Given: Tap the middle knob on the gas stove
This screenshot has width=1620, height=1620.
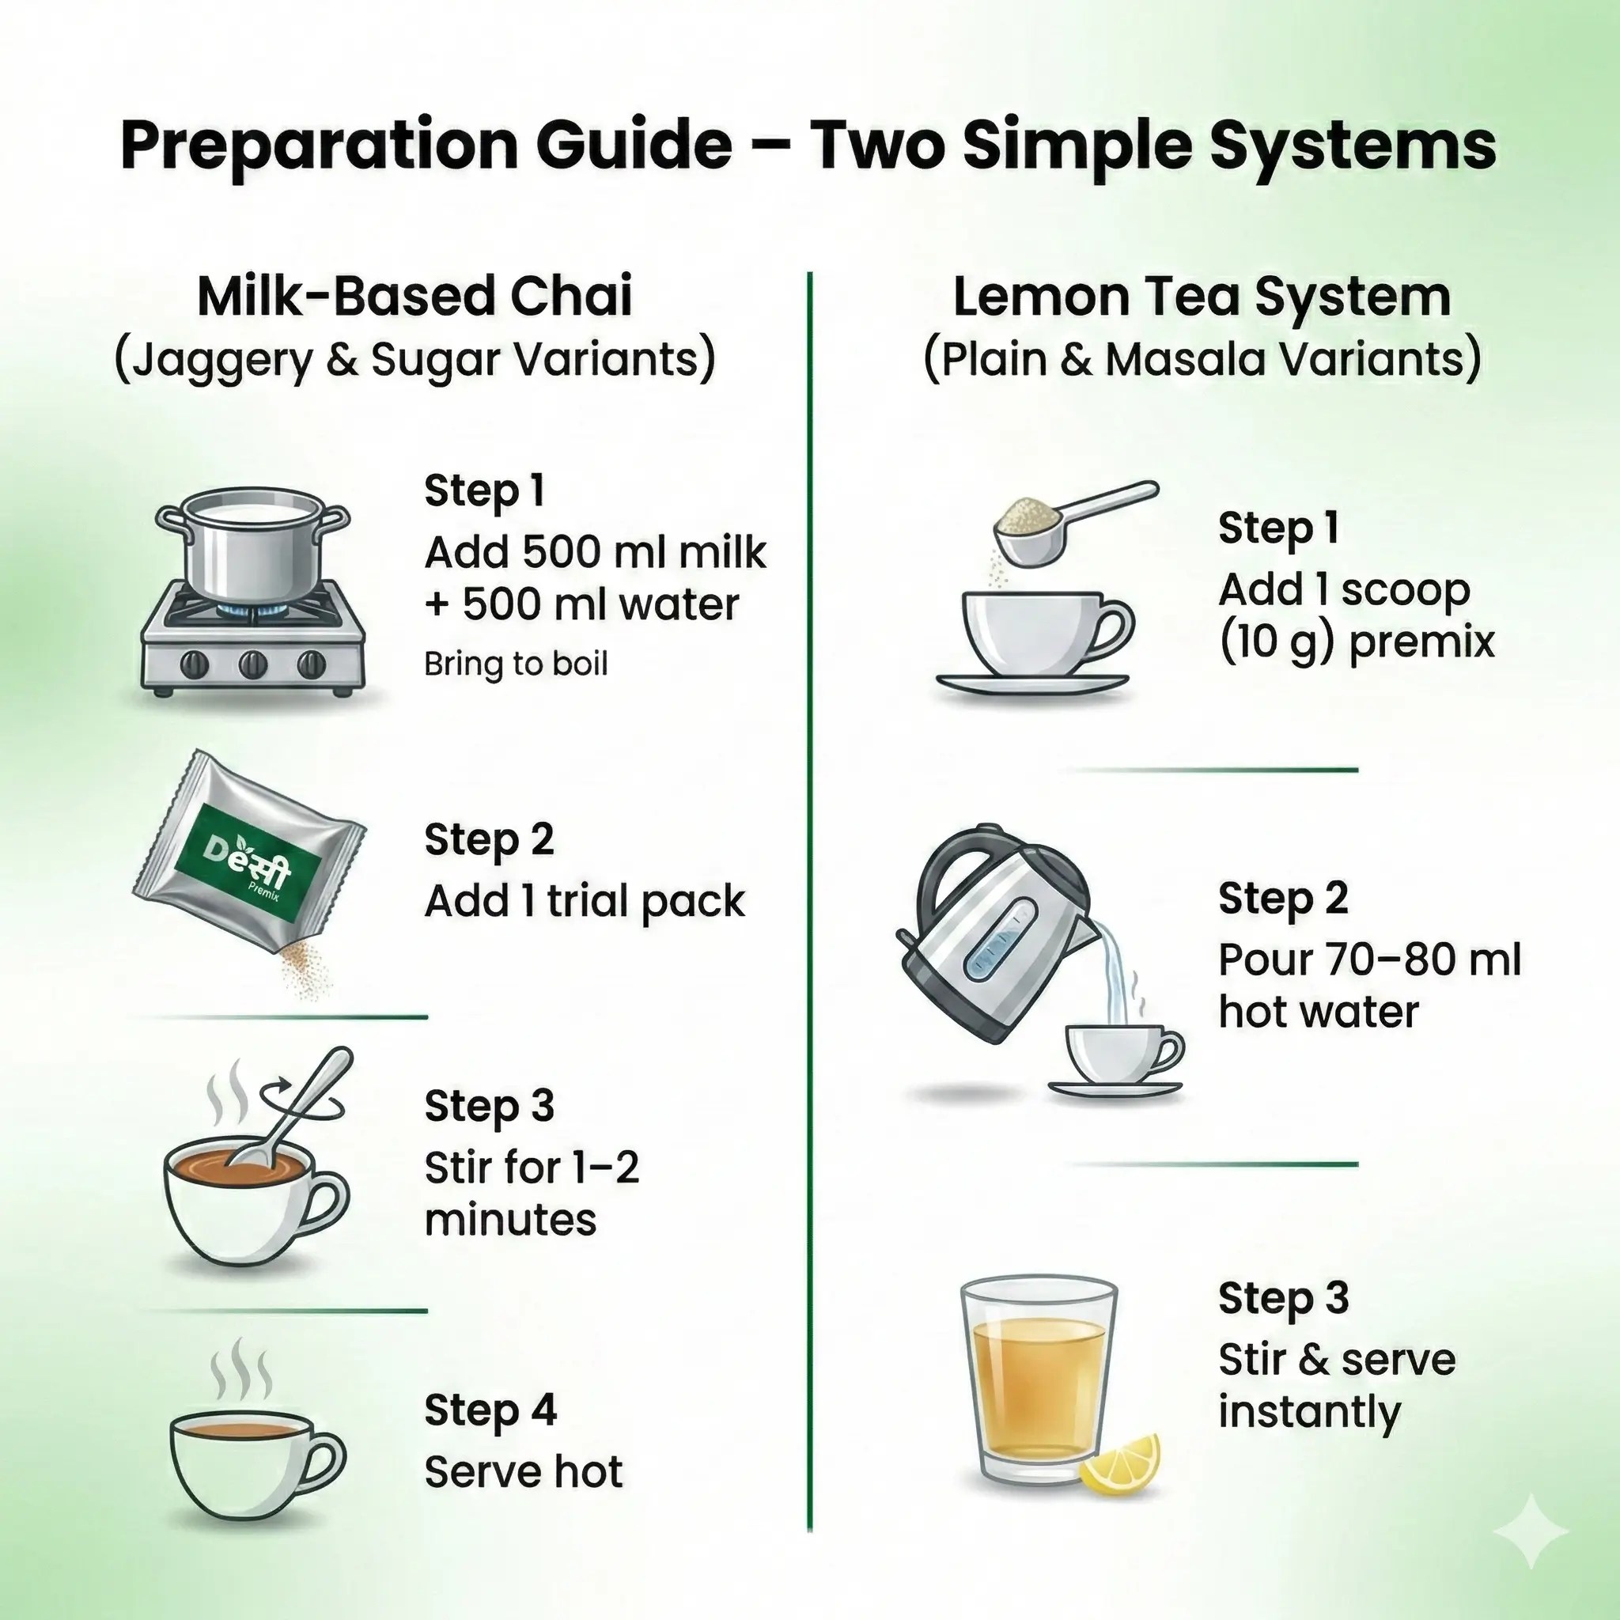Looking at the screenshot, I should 253,665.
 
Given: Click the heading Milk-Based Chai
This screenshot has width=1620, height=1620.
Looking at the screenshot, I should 414,297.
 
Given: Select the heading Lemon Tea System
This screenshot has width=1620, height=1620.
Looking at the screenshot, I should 1201,297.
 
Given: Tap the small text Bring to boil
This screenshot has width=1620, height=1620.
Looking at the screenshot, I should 515,664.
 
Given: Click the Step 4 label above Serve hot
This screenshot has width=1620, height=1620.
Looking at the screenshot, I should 490,1409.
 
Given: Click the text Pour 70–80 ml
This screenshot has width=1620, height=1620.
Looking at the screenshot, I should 1368,960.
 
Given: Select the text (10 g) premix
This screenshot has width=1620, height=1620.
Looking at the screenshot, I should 1356,642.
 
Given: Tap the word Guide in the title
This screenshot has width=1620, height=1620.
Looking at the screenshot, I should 634,146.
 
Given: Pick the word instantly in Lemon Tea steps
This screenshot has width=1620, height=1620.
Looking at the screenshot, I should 1309,1412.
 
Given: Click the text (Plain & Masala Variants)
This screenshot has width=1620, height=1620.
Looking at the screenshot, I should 1201,360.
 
